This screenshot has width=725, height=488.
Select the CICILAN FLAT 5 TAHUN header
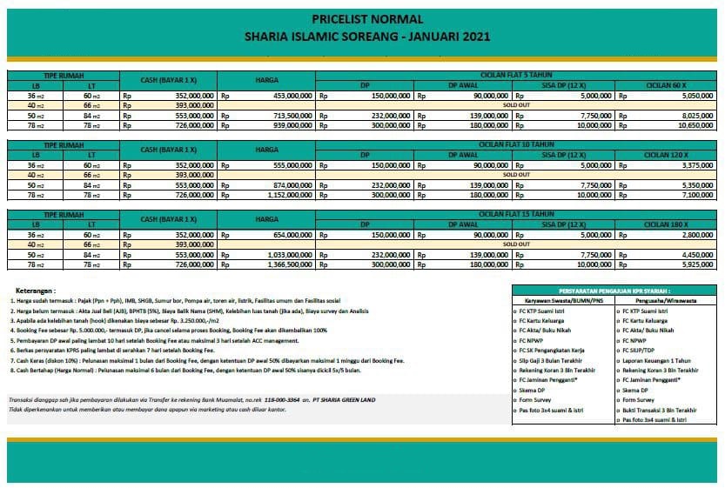tap(516, 76)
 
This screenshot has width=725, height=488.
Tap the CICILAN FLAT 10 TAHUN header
tap(516, 144)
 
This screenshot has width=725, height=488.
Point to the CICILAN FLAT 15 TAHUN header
tap(516, 211)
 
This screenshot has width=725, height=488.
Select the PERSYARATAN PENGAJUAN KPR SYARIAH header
tap(614, 289)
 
